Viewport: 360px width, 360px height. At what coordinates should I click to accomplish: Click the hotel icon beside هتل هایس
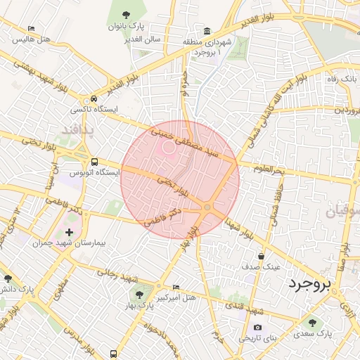point(30,30)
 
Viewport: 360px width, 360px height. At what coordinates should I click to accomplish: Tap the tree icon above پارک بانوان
point(126,14)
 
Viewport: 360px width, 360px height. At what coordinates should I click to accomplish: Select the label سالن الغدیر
point(142,39)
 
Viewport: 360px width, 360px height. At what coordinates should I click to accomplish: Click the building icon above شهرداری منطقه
point(207,31)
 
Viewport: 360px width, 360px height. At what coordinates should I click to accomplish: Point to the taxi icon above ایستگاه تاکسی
point(94,99)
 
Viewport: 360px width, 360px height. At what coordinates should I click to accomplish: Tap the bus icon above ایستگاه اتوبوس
point(94,161)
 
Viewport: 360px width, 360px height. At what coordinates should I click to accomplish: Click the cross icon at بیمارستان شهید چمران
point(69,231)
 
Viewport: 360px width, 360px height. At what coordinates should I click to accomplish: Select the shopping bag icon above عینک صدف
point(262,256)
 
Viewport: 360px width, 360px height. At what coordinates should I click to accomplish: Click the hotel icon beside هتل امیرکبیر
point(176,287)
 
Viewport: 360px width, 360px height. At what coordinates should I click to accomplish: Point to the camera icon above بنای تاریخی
point(258,328)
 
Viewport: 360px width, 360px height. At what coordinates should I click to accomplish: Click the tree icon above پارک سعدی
point(313,323)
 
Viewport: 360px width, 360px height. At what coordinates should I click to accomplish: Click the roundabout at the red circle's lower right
point(207,207)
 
